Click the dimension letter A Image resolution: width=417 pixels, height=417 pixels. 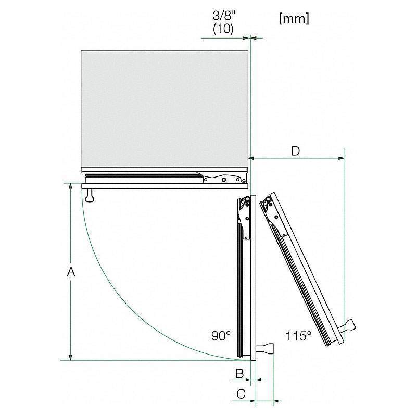pos(71,272)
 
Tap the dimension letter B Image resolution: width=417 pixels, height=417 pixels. pos(240,373)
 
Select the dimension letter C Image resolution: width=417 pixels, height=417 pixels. pos(241,394)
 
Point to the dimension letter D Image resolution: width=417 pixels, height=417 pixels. pos(296,151)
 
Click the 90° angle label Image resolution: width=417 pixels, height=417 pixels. pos(221,336)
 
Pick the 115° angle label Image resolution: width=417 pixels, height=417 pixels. pos(298,336)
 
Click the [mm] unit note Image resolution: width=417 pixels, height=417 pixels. pos(294,19)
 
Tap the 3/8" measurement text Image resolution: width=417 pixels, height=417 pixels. pos(224,16)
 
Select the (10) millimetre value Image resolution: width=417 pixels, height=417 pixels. pos(223,29)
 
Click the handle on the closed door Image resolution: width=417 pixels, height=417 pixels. pos(90,195)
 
